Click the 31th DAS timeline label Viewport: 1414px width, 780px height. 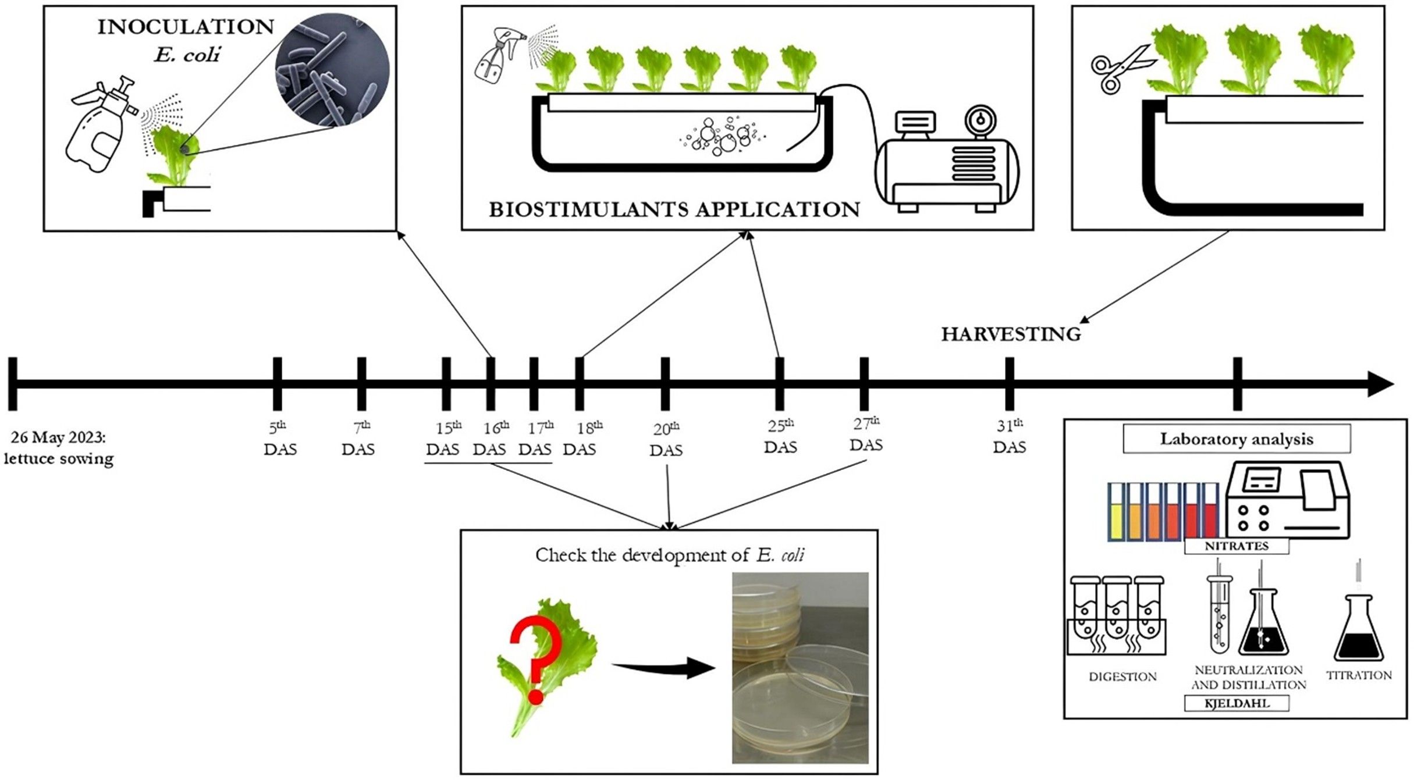point(1010,436)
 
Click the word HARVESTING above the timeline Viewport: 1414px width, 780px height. point(1011,334)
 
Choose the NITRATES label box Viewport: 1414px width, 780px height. point(1237,546)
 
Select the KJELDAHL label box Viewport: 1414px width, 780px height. point(1237,703)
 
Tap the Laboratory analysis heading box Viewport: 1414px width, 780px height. point(1237,439)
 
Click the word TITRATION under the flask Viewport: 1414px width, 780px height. point(1359,675)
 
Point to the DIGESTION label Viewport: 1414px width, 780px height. point(1122,676)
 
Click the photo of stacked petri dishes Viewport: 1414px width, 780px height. point(800,667)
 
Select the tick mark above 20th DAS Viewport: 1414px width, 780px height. point(666,384)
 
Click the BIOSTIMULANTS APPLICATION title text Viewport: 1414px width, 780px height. point(674,209)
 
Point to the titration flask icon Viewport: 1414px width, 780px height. point(1358,628)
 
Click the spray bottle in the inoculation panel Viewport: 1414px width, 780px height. point(102,125)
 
